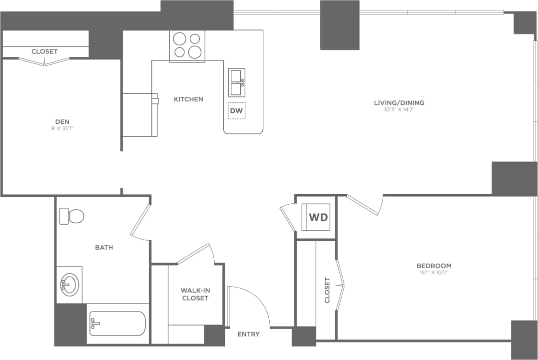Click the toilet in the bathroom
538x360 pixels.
71,216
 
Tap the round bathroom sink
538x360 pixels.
69,285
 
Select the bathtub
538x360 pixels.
117,324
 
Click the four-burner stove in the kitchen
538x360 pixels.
187,45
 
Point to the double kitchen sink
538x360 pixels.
236,82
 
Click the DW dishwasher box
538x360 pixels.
236,111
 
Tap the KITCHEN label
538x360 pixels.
188,99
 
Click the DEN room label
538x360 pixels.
62,122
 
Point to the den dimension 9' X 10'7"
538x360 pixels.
62,129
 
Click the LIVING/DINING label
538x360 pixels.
399,103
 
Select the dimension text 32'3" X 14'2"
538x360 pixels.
399,109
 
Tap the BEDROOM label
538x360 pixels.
434,266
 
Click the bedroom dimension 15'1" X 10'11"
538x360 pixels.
434,273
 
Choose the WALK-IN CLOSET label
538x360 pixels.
194,294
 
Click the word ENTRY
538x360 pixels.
248,334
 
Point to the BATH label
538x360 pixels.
104,247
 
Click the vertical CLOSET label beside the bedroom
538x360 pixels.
328,290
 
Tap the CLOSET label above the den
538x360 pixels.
44,51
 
